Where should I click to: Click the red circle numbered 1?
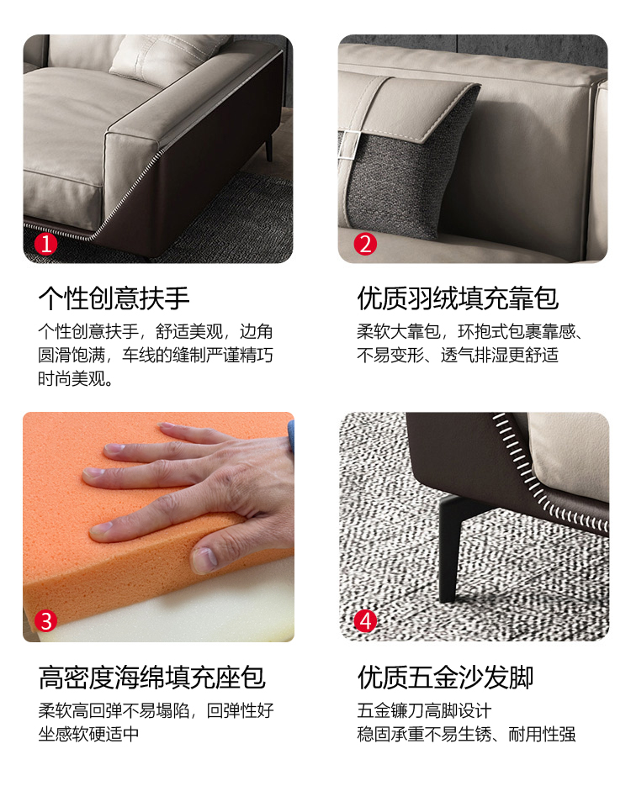(x=45, y=244)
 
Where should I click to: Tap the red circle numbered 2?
(x=365, y=244)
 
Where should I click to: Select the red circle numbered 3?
(x=45, y=621)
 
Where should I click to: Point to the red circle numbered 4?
(x=365, y=621)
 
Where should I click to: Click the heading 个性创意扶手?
(x=114, y=298)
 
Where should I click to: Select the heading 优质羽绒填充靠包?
(x=458, y=298)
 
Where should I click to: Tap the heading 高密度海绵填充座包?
(x=152, y=678)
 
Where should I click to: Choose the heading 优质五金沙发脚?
(x=446, y=678)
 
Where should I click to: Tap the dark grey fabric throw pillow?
(x=407, y=170)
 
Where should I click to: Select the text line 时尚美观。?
(x=76, y=379)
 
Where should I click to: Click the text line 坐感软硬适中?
(x=88, y=734)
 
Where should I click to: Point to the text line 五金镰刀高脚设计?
(x=424, y=711)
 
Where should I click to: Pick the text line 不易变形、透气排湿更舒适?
(x=458, y=355)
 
